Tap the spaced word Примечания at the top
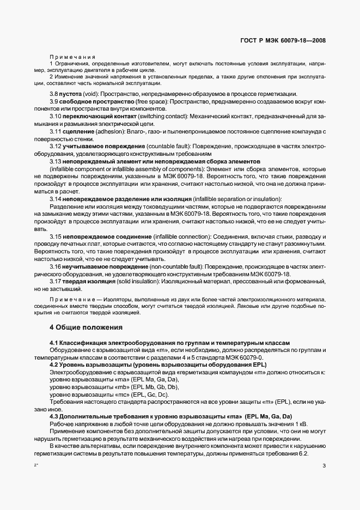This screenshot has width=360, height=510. pos(72,57)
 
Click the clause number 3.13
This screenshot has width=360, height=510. pos(56,162)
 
